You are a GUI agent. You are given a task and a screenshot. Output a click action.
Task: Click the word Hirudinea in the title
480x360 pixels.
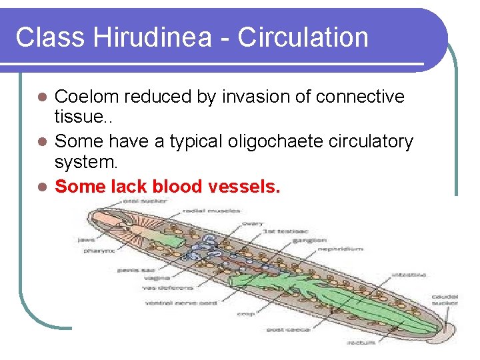tap(160, 37)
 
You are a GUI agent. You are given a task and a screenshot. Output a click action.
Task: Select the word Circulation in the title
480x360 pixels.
tap(303, 37)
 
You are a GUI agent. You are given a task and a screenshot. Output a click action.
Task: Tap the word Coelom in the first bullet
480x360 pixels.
tap(87, 97)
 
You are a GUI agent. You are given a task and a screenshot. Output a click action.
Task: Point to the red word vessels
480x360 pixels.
tap(244, 187)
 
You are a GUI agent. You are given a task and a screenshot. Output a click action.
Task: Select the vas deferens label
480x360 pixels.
tap(167, 288)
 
